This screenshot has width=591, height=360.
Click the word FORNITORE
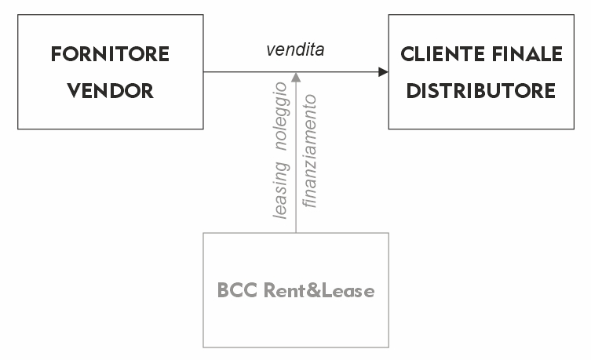pos(110,54)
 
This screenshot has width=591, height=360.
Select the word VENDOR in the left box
pos(111,91)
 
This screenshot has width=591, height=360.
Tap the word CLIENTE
pos(443,54)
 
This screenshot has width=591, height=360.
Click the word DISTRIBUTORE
pos(481,91)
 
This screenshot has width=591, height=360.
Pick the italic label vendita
pos(295,49)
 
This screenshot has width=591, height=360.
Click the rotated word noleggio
pos(282,117)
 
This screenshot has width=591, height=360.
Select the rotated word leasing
pos(282,191)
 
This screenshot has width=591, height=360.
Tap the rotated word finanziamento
pos(309,151)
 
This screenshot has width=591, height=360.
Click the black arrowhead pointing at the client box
pos(383,72)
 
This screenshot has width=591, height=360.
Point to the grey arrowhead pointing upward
pos(296,77)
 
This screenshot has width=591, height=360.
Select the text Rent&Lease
pos(319,290)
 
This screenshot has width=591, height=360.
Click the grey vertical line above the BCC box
pos(296,158)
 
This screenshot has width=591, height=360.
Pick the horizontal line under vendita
pos(291,72)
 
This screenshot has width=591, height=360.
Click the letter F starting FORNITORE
pos(57,54)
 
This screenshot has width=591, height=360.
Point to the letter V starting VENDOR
pos(75,91)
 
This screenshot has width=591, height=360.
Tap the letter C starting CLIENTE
pos(408,54)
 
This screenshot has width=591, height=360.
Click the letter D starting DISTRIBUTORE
pos(413,91)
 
